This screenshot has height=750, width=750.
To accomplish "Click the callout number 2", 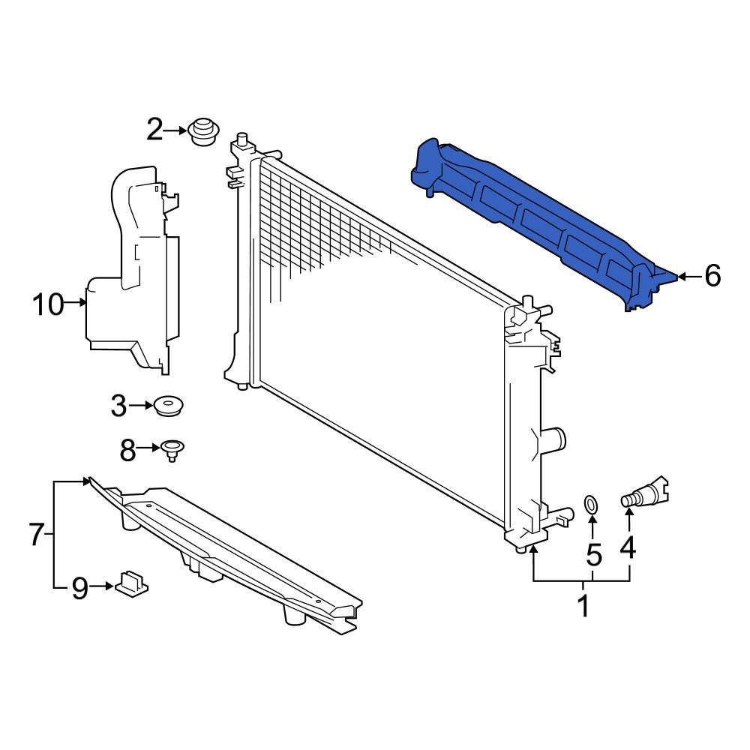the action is pyautogui.click(x=154, y=130).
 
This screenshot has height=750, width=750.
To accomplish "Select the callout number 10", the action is pyautogui.click(x=48, y=304).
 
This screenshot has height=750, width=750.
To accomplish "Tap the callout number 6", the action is pyautogui.click(x=712, y=276).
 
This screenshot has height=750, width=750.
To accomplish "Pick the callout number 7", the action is pyautogui.click(x=37, y=534).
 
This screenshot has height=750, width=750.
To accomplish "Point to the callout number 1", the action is pyautogui.click(x=583, y=605).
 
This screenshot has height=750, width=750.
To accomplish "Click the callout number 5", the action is pyautogui.click(x=593, y=555).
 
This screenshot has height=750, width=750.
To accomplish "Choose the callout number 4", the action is pyautogui.click(x=628, y=547).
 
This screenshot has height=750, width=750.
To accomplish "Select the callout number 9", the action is pyautogui.click(x=80, y=588).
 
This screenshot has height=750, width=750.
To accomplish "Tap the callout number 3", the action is pyautogui.click(x=118, y=406).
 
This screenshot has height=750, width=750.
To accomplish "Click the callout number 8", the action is pyautogui.click(x=127, y=450).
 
